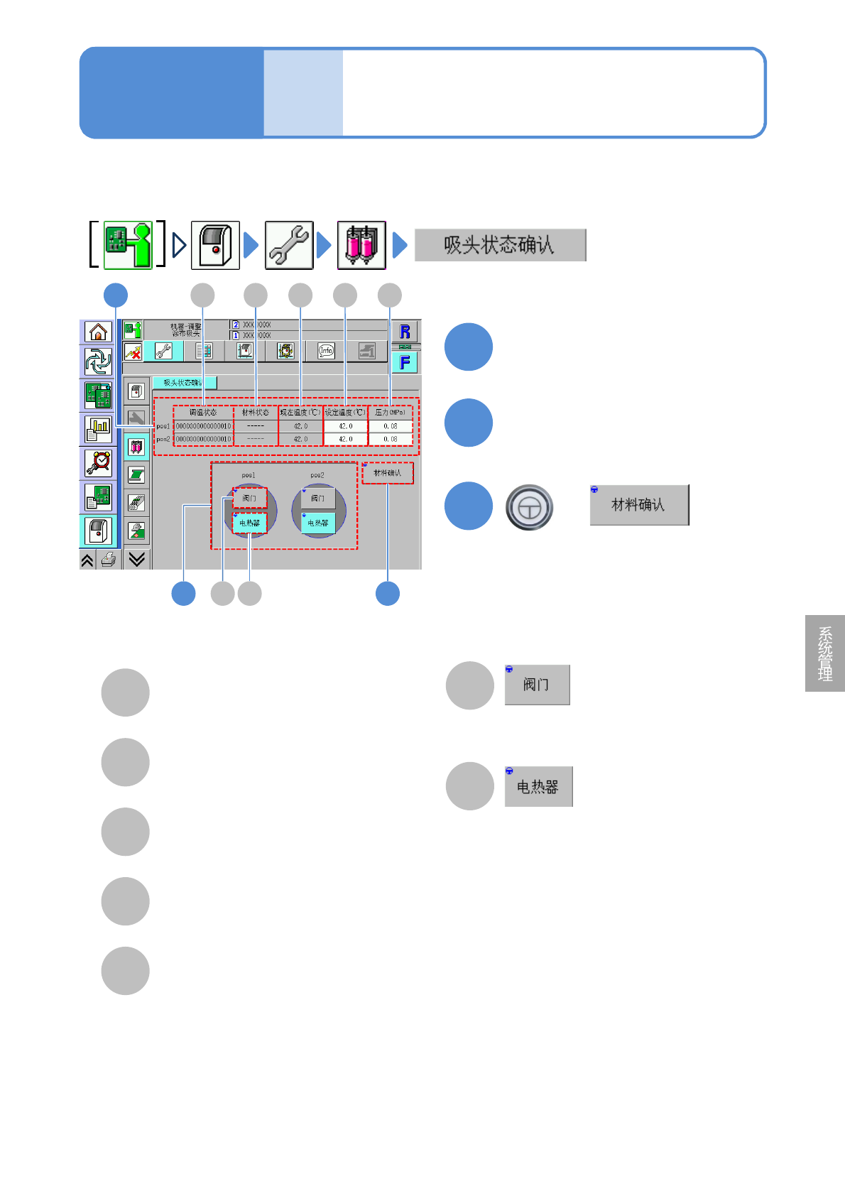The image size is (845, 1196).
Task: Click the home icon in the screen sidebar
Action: click(x=98, y=332)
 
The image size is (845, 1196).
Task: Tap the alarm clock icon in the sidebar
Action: click(x=98, y=463)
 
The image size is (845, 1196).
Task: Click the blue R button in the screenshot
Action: click(x=405, y=332)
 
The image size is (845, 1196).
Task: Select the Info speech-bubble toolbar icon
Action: click(x=326, y=350)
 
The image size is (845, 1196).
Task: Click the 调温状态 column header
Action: click(x=203, y=412)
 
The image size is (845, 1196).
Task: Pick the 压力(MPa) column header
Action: click(x=390, y=412)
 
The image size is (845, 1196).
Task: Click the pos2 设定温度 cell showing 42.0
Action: click(x=345, y=439)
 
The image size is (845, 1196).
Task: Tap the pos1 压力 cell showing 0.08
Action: click(x=390, y=426)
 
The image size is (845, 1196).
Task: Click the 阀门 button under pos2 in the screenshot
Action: click(x=317, y=498)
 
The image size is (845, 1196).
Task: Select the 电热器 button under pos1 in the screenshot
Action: click(x=249, y=523)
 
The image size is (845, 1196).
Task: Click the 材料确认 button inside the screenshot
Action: click(x=388, y=473)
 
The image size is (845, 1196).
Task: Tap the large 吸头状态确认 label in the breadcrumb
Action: click(x=500, y=245)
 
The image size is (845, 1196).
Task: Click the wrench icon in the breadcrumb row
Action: click(x=289, y=245)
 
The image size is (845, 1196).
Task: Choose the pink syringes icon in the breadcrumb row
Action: click(x=361, y=245)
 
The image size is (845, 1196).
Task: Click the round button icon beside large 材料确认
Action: click(x=529, y=507)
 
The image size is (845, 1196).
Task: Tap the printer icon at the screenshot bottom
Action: click(x=109, y=560)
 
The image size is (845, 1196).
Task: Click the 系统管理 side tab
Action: click(x=825, y=653)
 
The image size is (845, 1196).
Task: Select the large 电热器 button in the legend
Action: click(x=538, y=787)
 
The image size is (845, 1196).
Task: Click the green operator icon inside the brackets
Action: click(x=128, y=245)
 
